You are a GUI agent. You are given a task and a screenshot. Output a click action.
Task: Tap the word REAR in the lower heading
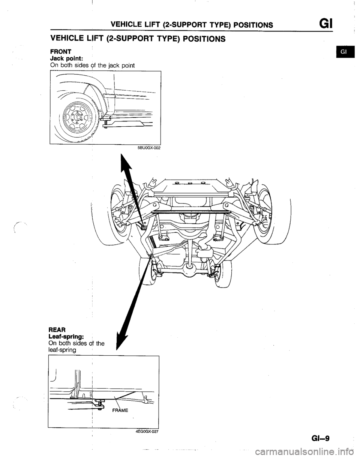[x=57, y=329]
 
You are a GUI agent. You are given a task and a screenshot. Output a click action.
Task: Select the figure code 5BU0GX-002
[x=148, y=148]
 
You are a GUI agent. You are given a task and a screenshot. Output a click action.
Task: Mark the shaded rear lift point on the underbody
[x=151, y=256]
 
